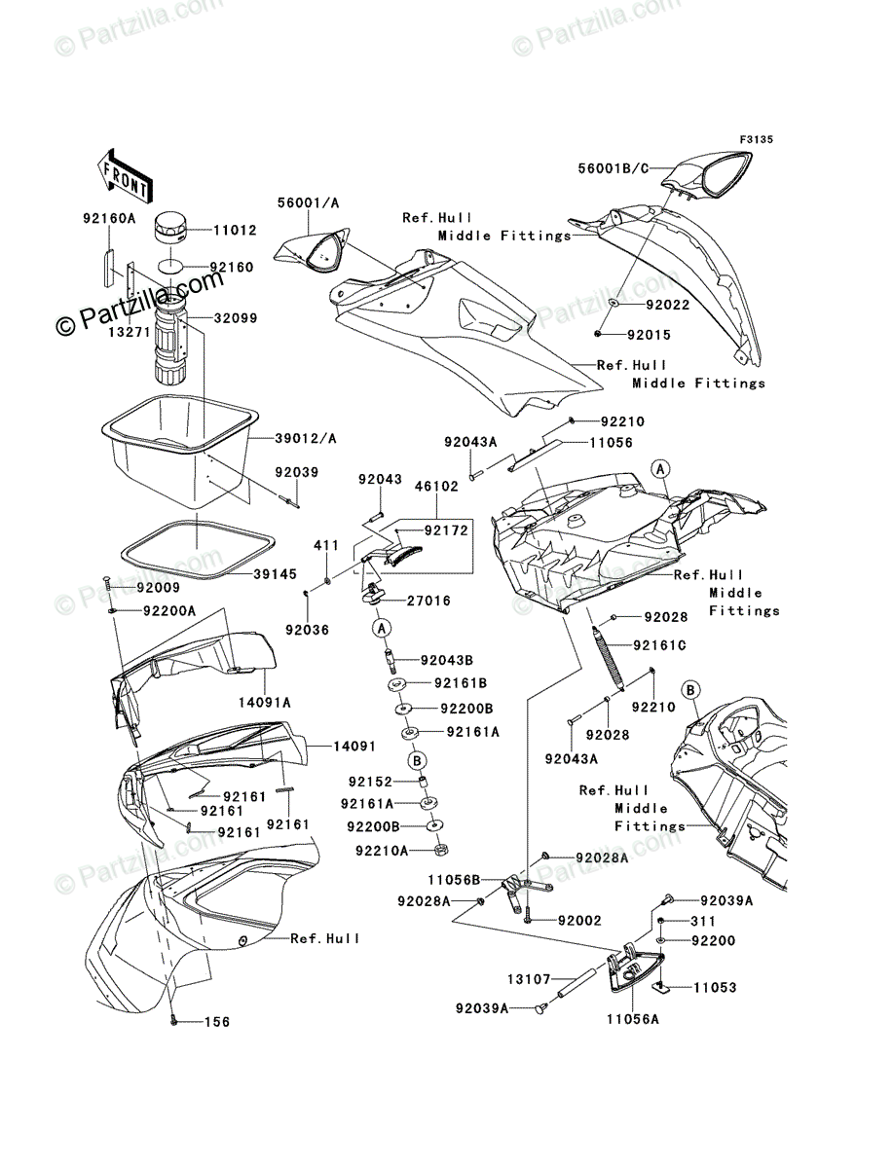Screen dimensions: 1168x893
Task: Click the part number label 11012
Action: point(206,231)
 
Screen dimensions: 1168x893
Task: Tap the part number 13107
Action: point(530,979)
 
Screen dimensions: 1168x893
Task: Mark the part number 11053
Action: point(715,987)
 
